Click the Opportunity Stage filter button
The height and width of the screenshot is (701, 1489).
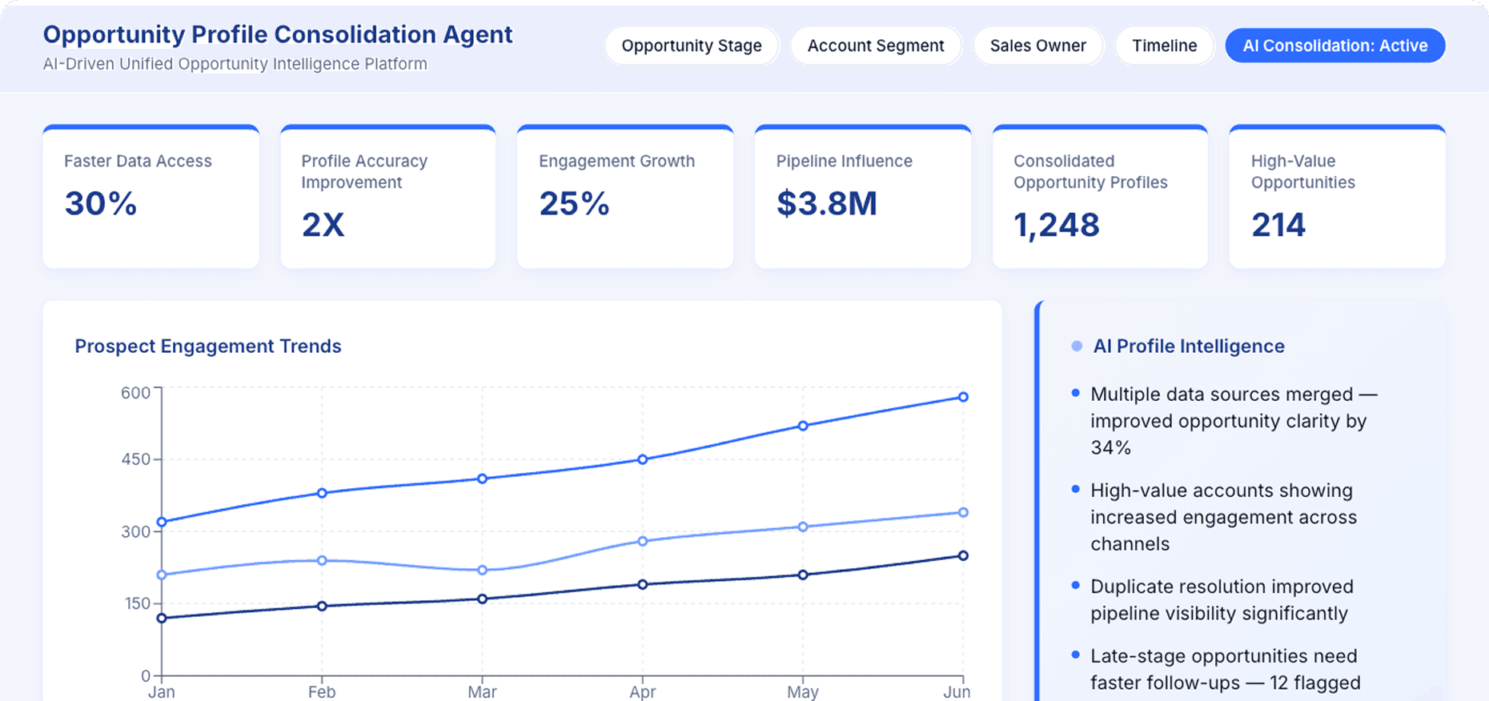tap(691, 46)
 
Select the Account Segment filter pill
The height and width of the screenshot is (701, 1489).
tap(875, 46)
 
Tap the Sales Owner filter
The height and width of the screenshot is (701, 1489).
tap(1037, 46)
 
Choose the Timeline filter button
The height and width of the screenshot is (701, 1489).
tap(1164, 46)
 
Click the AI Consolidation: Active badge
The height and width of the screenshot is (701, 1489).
tap(1334, 46)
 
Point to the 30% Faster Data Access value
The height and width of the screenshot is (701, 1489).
tap(101, 203)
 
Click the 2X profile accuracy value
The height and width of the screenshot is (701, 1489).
tap(323, 225)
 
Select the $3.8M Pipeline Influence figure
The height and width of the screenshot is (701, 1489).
tap(826, 203)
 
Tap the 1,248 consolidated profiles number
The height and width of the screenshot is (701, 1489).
tap(1056, 225)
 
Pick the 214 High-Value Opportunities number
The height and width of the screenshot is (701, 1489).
tap(1278, 225)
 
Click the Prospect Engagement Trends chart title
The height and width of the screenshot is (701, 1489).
tap(207, 346)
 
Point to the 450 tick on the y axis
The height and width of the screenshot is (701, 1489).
tap(135, 459)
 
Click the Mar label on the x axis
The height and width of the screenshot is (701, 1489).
tap(482, 691)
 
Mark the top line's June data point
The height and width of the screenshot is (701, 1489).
tap(963, 397)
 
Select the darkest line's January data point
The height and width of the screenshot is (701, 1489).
tap(162, 618)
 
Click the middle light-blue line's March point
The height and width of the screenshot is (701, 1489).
tap(482, 570)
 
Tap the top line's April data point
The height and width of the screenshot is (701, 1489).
tap(642, 459)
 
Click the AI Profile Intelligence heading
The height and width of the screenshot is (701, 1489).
tap(1188, 346)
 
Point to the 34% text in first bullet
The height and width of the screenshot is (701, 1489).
tap(1110, 447)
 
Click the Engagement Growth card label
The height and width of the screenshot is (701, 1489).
tap(616, 161)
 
